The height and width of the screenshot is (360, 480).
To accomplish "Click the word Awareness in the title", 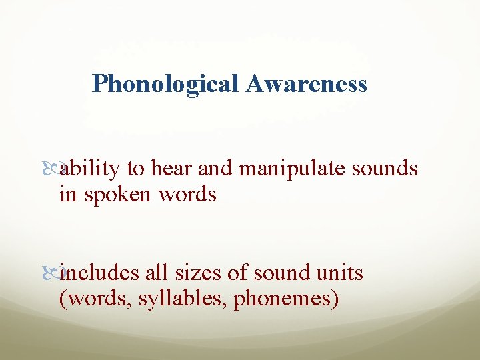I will [x=307, y=84].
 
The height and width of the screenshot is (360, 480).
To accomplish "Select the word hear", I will [x=171, y=169].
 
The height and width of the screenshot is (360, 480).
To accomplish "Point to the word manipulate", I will [x=291, y=170].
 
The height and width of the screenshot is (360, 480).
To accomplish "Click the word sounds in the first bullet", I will [x=386, y=169].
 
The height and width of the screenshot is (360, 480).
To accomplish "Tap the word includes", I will [x=97, y=273].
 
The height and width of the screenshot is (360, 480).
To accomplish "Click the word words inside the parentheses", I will [x=95, y=299].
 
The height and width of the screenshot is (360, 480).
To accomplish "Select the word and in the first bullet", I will [x=214, y=169].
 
